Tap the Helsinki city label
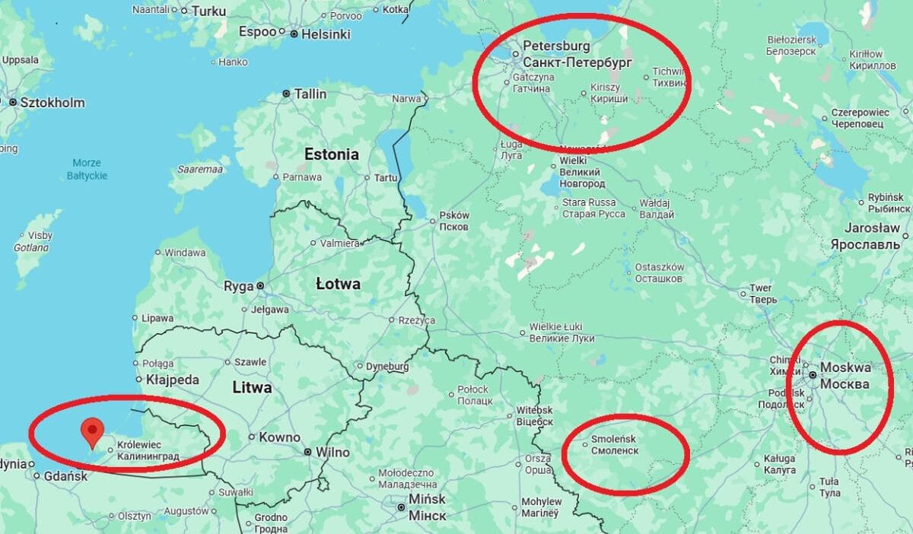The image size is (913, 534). (x=325, y=34)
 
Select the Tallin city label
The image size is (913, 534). (x=310, y=94)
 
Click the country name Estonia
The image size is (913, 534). (x=331, y=154)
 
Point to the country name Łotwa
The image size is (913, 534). (x=338, y=284)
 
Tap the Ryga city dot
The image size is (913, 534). (x=260, y=286)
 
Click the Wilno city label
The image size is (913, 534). (x=332, y=453)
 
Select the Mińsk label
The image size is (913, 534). (x=427, y=507)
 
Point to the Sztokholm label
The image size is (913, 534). (x=52, y=103)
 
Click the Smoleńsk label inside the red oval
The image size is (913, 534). (x=613, y=445)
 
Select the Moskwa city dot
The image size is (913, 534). (x=813, y=375)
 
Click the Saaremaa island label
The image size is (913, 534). (x=200, y=169)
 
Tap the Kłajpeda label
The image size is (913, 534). (x=173, y=380)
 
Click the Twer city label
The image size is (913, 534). (x=761, y=294)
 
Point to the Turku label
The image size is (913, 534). (x=208, y=11)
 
